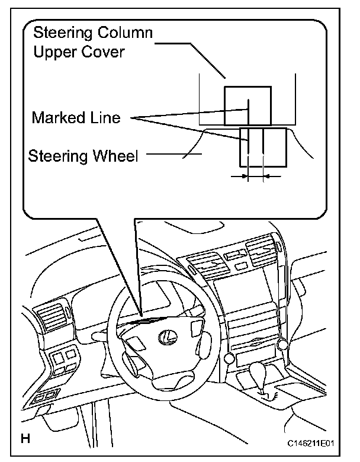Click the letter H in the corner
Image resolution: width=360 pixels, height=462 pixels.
click(x=25, y=439)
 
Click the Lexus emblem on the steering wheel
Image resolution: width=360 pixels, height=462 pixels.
click(x=167, y=337)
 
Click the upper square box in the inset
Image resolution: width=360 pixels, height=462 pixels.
click(x=247, y=105)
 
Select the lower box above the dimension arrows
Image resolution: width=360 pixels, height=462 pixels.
click(x=263, y=147)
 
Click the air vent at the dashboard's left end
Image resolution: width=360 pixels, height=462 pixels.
click(x=52, y=320)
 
